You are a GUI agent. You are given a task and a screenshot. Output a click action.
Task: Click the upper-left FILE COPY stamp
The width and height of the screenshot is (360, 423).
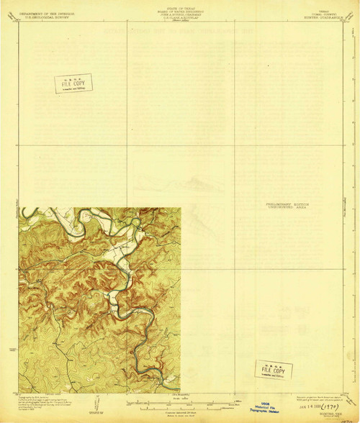(73, 83)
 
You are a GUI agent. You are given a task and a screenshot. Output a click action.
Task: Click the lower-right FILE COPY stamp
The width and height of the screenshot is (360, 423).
(274, 370)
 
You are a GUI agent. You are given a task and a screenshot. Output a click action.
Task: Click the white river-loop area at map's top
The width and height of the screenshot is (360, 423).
(115, 214)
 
